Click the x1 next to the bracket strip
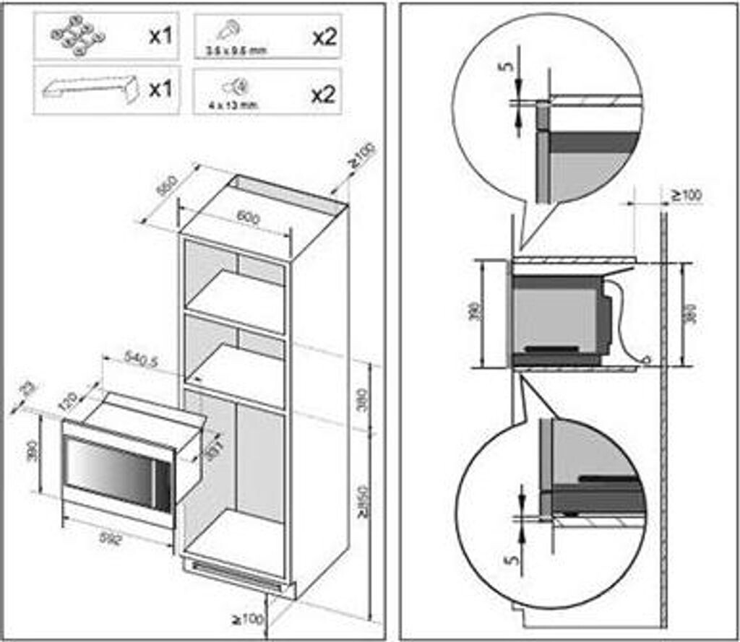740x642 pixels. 160,90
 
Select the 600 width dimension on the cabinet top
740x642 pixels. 248,217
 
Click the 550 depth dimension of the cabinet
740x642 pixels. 167,186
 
